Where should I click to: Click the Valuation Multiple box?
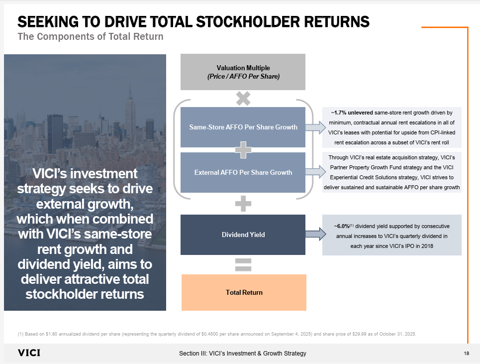click(x=243, y=72)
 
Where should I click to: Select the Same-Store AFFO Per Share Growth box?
click(x=243, y=127)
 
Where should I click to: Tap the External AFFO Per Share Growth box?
click(x=243, y=172)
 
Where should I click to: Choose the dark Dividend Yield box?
click(x=243, y=235)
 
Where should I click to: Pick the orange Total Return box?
click(x=244, y=293)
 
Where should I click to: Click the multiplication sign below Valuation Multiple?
click(x=243, y=99)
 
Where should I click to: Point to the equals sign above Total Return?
click(x=243, y=265)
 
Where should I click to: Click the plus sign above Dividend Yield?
click(x=243, y=204)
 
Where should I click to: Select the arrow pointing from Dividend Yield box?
click(x=316, y=235)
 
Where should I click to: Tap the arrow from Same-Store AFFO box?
click(x=316, y=127)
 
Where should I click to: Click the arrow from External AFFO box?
click(x=316, y=172)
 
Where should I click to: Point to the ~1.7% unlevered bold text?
click(x=352, y=113)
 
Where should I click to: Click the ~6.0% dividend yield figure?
click(x=342, y=226)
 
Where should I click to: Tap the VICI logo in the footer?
click(x=29, y=353)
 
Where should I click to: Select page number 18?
click(x=466, y=353)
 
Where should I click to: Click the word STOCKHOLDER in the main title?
click(x=248, y=22)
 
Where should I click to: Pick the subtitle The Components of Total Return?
click(x=91, y=36)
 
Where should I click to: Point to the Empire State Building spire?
click(x=130, y=92)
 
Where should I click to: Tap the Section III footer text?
click(x=242, y=353)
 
